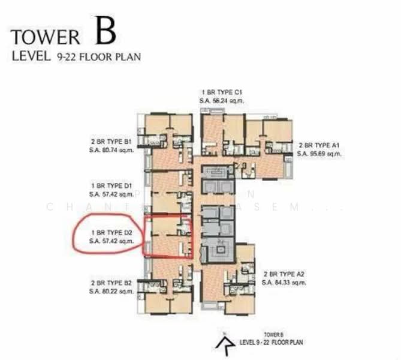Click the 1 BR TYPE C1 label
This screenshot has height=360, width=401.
[222, 93]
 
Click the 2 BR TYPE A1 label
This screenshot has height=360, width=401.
[319, 145]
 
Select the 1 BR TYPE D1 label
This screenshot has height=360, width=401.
[110, 187]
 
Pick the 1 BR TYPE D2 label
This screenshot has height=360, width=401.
[110, 232]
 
